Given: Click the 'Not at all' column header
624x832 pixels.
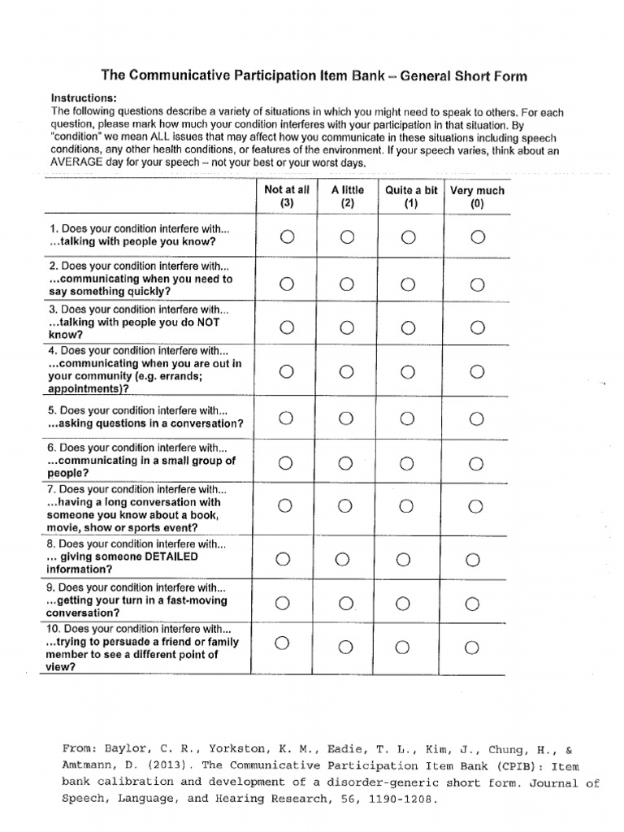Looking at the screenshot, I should [287, 197].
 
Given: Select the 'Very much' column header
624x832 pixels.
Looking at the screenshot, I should [477, 197].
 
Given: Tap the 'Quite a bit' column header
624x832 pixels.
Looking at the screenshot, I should [410, 197].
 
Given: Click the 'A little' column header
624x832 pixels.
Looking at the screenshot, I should [347, 197].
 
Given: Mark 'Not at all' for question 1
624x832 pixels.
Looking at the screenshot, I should [286, 236].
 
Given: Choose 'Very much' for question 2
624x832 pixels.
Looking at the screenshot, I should [477, 284].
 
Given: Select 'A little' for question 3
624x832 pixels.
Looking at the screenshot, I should [347, 327].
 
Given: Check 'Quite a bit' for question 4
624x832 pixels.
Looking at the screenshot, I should [409, 372].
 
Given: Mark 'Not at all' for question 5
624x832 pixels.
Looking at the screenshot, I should [285, 418].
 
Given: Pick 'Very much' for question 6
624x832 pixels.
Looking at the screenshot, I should [476, 463].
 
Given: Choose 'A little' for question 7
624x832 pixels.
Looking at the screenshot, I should [345, 506].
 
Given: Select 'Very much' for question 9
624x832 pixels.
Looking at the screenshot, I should [472, 603].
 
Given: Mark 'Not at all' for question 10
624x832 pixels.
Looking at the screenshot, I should [282, 643].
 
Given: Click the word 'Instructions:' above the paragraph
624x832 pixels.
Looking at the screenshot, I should [84, 97].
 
